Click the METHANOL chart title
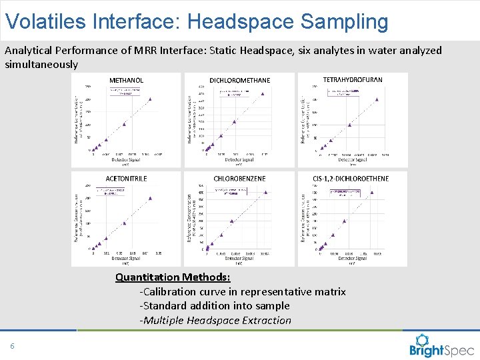[126, 80]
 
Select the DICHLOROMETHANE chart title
[239, 80]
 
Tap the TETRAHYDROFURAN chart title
[353, 79]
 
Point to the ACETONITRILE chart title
[126, 179]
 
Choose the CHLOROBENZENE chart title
[239, 179]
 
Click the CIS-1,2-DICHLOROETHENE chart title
[351, 179]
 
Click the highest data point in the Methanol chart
[150, 99]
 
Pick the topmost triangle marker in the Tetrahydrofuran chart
[377, 99]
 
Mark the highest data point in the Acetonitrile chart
[150, 198]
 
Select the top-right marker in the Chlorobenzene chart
[265, 192]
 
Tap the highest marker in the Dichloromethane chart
[263, 94]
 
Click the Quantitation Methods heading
[173, 277]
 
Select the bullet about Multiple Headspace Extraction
[215, 320]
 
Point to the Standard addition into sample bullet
[215, 305]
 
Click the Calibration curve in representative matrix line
[243, 291]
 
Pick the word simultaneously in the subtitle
[41, 65]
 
